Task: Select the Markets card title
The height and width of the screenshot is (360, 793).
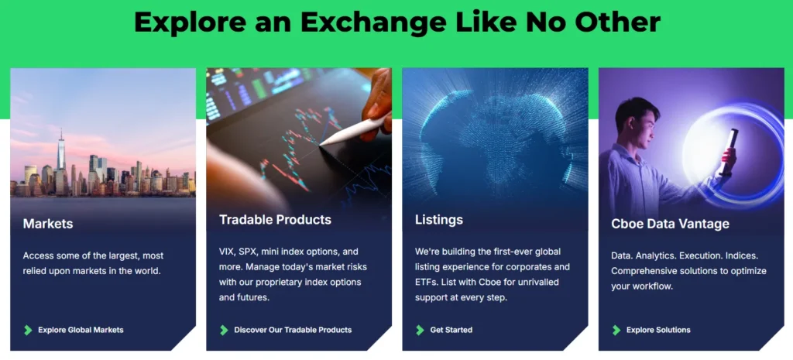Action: coord(48,224)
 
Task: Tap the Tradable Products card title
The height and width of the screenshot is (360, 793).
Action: coord(275,220)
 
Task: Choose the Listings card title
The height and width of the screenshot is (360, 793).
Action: coord(439,220)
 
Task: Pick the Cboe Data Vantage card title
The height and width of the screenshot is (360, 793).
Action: coord(670,224)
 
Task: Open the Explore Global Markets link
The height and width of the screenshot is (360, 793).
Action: coord(81,330)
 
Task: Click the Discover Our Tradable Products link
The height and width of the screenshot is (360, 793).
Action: coord(293,330)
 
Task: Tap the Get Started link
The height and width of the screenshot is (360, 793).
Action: coord(451,330)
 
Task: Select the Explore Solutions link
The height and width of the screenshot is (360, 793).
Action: coord(658,330)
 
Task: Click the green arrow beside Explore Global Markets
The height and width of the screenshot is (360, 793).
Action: coord(29,330)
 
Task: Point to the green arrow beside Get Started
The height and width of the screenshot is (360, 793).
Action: coord(421,330)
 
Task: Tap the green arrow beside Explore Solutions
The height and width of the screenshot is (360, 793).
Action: coord(616,330)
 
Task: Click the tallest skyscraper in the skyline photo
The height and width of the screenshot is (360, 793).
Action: coord(60,155)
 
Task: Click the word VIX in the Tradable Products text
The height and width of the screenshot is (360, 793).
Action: coord(228,252)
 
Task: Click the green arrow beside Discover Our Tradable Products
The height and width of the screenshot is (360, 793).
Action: coord(225,330)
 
